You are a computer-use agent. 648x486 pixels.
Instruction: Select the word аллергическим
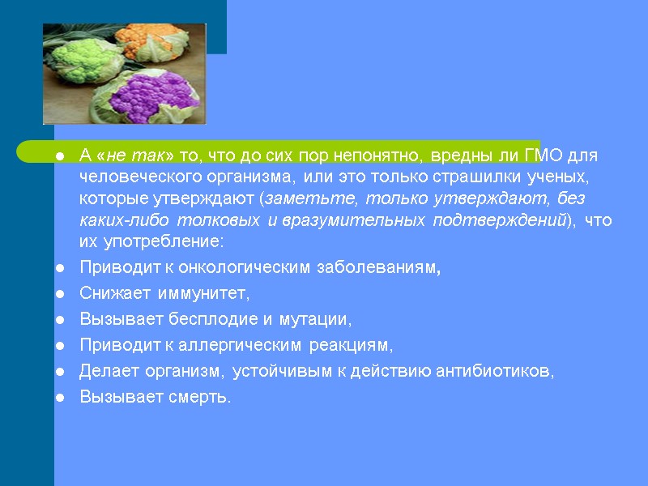[244, 346]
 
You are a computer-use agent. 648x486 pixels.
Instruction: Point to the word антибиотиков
[495, 371]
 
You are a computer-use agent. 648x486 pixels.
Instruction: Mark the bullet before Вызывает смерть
[60, 398]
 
